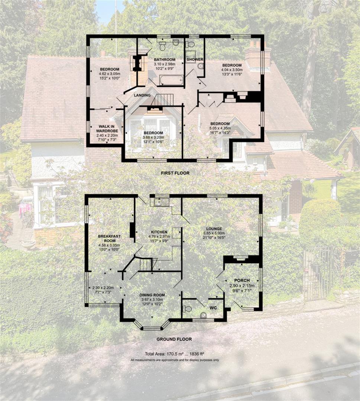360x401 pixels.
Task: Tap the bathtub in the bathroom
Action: click(x=171, y=80)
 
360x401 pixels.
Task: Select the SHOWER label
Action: click(x=195, y=59)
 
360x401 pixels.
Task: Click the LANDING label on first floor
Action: click(x=142, y=95)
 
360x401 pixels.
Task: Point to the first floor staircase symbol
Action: click(x=164, y=99)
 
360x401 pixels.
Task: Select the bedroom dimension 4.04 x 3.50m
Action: click(x=231, y=70)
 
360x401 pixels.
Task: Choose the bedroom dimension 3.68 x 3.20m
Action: click(x=153, y=137)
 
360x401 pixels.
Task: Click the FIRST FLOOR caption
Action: click(x=175, y=173)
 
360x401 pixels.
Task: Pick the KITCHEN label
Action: click(x=159, y=232)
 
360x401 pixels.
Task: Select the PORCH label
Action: click(x=242, y=280)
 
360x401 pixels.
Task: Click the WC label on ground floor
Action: click(x=213, y=308)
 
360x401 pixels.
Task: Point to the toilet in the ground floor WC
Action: click(x=188, y=309)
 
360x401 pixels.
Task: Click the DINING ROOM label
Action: click(x=153, y=295)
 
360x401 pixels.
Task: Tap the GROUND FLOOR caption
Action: click(x=174, y=339)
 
